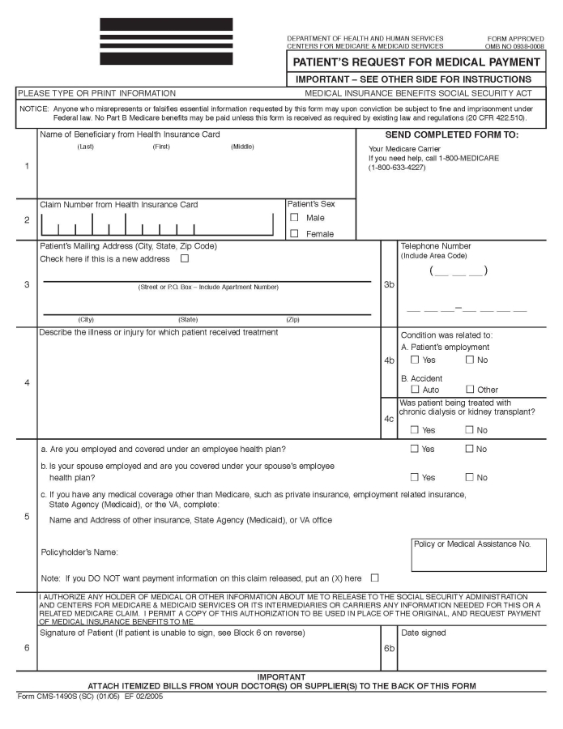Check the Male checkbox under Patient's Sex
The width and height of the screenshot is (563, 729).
(295, 218)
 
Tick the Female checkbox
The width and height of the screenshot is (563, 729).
(295, 234)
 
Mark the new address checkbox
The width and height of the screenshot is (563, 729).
(185, 259)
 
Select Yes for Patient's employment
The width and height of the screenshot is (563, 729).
(415, 360)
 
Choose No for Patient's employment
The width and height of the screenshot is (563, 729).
(470, 360)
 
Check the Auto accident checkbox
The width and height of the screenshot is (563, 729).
(415, 390)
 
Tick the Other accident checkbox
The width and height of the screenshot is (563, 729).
(470, 390)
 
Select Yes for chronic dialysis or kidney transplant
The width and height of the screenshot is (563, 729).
(415, 430)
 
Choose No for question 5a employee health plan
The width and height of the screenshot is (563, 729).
(470, 449)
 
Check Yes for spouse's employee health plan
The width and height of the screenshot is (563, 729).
(415, 478)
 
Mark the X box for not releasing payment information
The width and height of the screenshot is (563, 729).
(374, 578)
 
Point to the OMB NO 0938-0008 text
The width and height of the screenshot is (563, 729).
(515, 46)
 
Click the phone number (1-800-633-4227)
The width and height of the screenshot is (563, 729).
(397, 168)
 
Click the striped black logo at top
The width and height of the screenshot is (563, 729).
(166, 41)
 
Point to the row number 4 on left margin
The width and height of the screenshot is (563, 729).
(27, 383)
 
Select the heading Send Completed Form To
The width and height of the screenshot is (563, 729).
(451, 135)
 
